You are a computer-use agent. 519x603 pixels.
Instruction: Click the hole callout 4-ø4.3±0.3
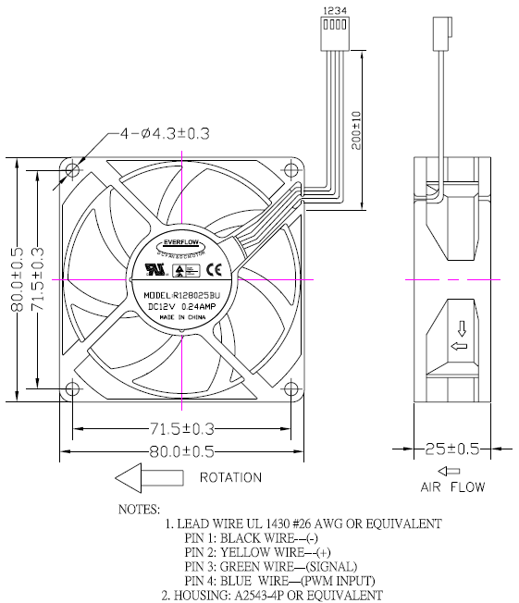click(x=165, y=134)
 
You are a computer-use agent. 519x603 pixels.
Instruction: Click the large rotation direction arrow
click(x=147, y=478)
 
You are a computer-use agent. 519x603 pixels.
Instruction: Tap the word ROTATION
click(x=230, y=478)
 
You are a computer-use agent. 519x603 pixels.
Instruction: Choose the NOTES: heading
click(x=139, y=509)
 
